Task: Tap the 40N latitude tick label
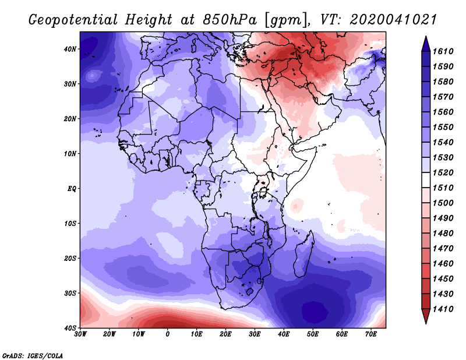[x=70, y=49]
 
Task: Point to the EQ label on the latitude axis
[x=72, y=189]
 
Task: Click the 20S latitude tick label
[x=70, y=258]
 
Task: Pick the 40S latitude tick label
[x=70, y=328]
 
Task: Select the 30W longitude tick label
[x=80, y=334]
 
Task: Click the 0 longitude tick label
[x=168, y=334]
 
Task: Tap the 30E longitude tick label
[x=255, y=334]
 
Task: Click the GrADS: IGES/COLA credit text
[x=33, y=355]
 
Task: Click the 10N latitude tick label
[x=70, y=154]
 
